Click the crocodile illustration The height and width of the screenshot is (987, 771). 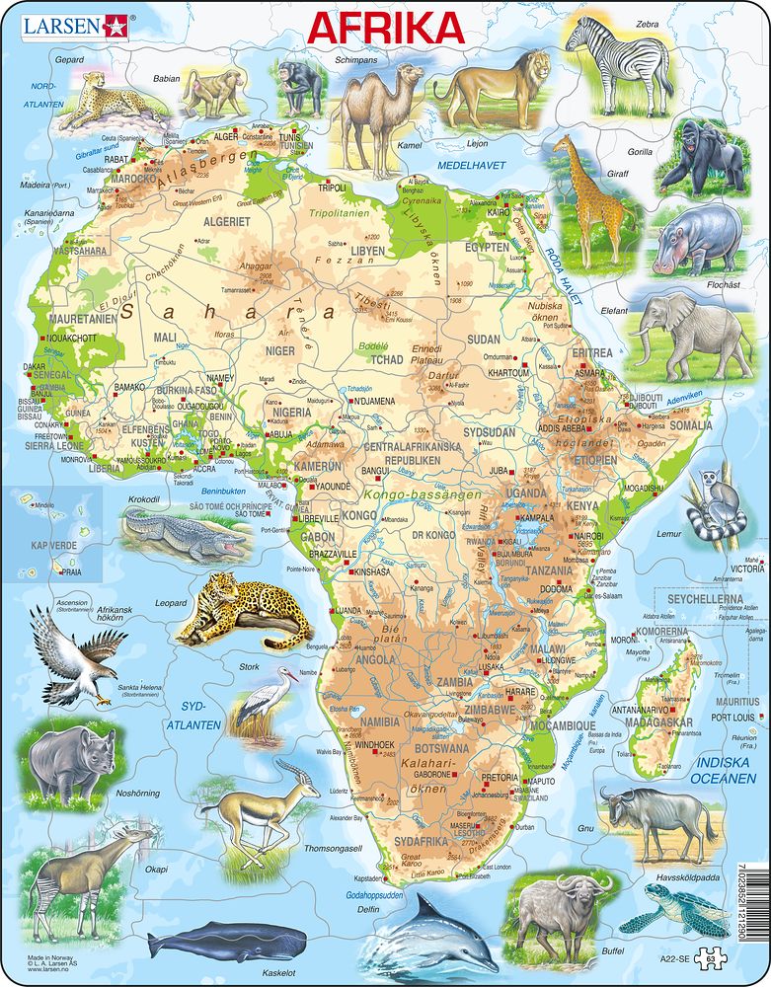[188, 536]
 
